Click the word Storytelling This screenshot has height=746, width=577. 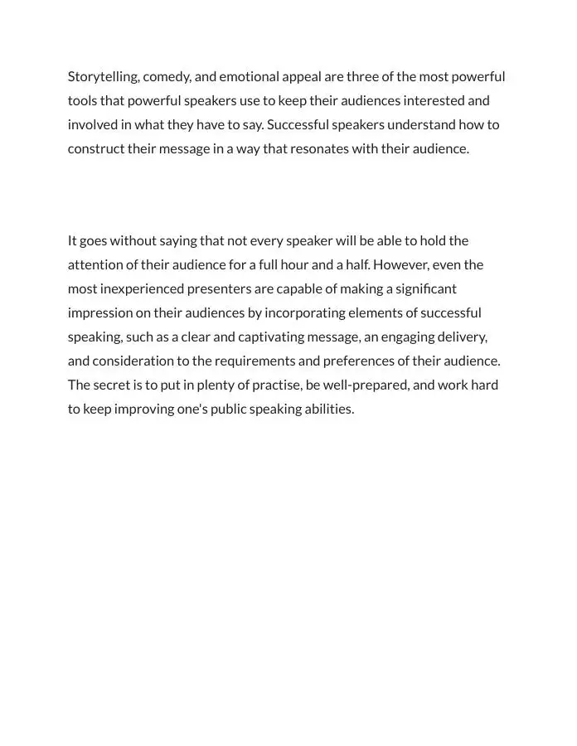pos(104,77)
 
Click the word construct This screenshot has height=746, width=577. pos(96,149)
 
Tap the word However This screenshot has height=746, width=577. pos(401,265)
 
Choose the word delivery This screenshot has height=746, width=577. pos(461,337)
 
